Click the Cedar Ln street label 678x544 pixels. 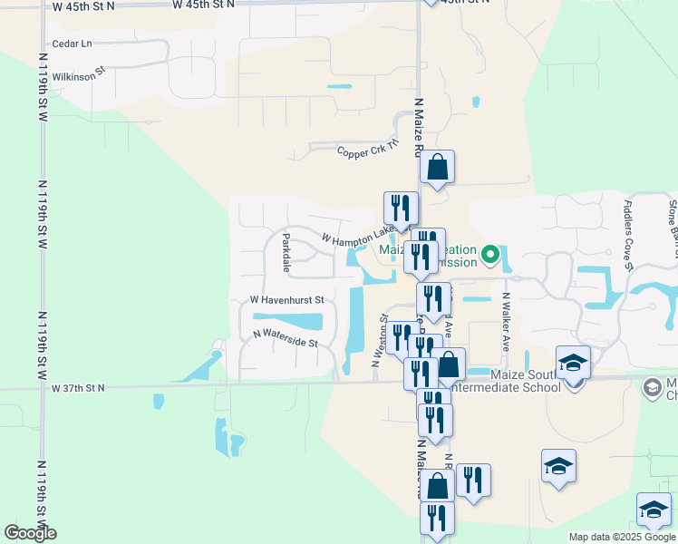pos(73,44)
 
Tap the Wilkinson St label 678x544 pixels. pos(80,73)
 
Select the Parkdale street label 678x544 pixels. pos(286,253)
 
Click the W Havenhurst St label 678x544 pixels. pos(286,299)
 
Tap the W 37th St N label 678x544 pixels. pos(79,388)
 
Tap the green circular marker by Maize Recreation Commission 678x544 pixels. pos(490,255)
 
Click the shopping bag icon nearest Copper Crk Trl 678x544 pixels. pos(437,167)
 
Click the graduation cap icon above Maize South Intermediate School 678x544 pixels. pos(573,364)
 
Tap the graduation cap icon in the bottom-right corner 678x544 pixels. pos(654,510)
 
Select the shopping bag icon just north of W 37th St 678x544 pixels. pos(448,364)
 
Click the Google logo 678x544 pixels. pos(31,533)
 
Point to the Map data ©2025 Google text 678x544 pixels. pos(622,537)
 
